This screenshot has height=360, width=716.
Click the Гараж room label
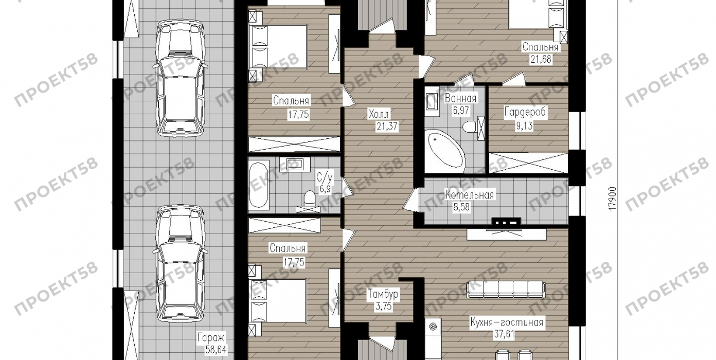click(x=211, y=337)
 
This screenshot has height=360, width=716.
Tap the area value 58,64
click(x=216, y=349)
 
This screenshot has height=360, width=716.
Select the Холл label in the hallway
click(x=379, y=114)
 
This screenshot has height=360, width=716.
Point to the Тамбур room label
click(x=383, y=294)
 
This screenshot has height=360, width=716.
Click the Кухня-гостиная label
click(x=507, y=322)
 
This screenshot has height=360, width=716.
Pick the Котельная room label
click(x=470, y=195)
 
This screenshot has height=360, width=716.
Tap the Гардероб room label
click(x=525, y=112)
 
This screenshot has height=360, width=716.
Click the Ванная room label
click(x=460, y=98)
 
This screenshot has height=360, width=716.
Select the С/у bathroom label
click(x=325, y=177)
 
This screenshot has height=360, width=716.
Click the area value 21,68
click(x=541, y=59)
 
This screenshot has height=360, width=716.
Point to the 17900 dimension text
click(x=612, y=199)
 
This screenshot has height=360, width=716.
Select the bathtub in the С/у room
click(x=259, y=185)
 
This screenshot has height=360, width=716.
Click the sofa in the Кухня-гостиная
click(x=506, y=290)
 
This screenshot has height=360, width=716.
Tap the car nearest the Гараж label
click(x=180, y=263)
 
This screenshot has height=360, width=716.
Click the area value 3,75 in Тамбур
click(x=383, y=307)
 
